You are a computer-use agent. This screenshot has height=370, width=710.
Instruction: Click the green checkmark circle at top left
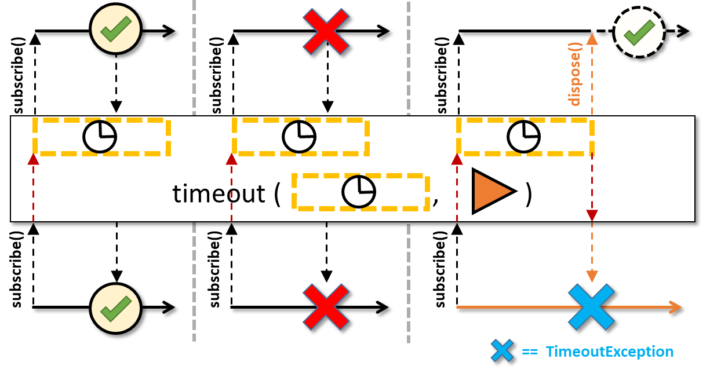click(116, 29)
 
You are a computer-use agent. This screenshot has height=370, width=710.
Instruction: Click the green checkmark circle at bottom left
click(116, 308)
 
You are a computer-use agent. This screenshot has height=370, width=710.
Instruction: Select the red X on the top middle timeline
click(326, 31)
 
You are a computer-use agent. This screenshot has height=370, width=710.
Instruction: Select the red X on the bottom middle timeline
click(326, 307)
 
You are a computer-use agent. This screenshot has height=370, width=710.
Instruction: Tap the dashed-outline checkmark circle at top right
click(639, 32)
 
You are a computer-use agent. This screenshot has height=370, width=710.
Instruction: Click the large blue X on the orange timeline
click(591, 307)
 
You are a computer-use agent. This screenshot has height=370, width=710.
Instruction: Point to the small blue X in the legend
click(502, 351)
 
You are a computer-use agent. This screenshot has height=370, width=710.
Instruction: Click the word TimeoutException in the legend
click(609, 351)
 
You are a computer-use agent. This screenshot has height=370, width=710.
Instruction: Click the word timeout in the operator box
click(219, 193)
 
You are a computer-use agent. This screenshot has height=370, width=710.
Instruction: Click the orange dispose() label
click(574, 74)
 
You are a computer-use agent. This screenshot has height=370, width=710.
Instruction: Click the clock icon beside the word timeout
click(359, 192)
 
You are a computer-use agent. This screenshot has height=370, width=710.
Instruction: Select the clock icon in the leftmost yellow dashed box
click(100, 137)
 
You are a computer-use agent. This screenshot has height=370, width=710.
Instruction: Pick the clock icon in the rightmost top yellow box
click(523, 137)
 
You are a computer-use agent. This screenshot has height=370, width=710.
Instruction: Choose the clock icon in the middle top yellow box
click(299, 137)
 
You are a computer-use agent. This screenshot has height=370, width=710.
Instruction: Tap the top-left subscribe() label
click(19, 75)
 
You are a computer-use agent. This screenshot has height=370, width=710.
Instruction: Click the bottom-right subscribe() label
click(440, 269)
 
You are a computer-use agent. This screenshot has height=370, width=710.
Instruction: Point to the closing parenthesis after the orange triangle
click(528, 193)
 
